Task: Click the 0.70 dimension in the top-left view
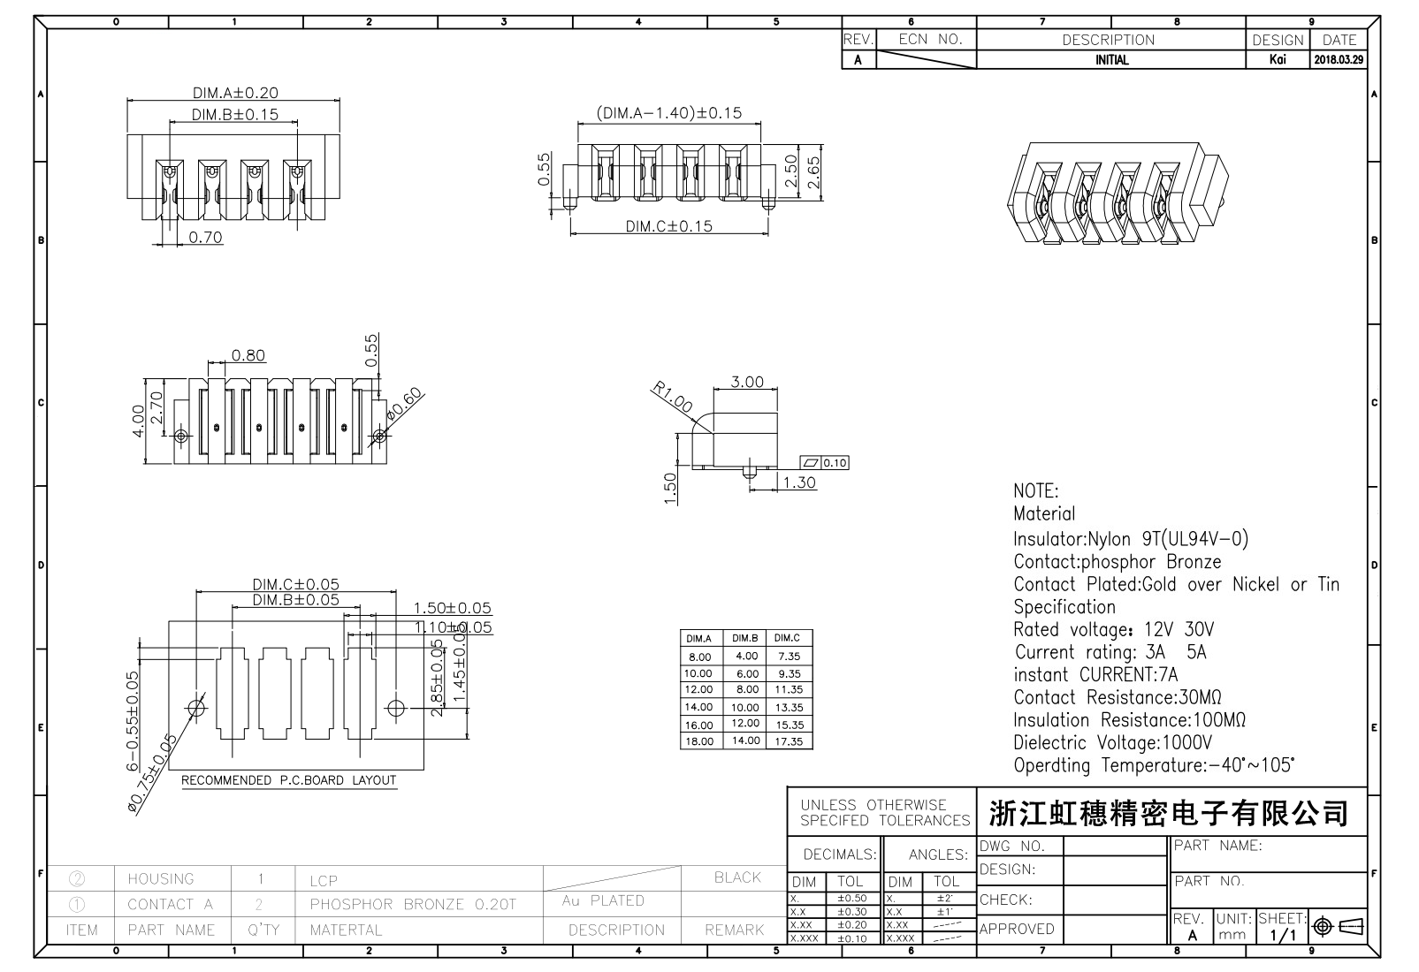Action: (205, 237)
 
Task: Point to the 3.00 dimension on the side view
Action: (747, 382)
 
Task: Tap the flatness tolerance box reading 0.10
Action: (824, 462)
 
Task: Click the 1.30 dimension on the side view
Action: (799, 482)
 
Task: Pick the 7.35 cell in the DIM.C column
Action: (788, 657)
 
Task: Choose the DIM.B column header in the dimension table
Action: (744, 638)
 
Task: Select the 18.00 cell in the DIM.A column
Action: (698, 741)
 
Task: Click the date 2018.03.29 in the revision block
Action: (1339, 60)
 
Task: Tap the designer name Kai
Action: (1277, 60)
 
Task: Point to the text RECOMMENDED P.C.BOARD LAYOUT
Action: (289, 780)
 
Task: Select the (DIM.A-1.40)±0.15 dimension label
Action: (668, 113)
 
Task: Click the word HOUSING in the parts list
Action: (160, 878)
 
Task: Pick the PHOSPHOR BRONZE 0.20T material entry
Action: (412, 904)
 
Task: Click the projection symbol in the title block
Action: (1338, 926)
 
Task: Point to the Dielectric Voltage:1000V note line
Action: (1112, 742)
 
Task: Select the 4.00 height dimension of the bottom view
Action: (138, 421)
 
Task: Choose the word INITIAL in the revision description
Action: (1111, 60)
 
